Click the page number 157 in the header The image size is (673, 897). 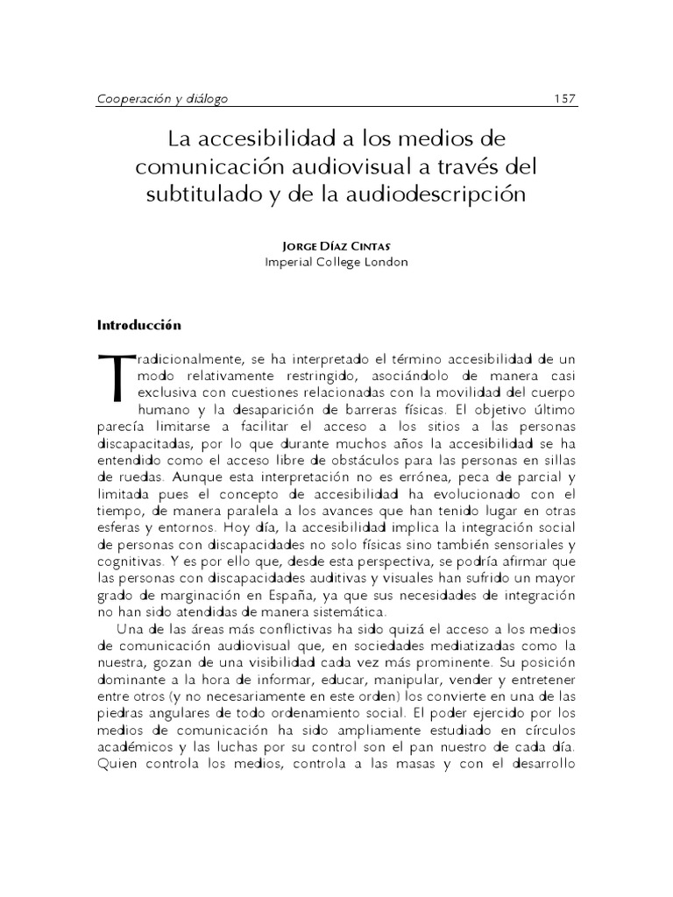pyautogui.click(x=563, y=99)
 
